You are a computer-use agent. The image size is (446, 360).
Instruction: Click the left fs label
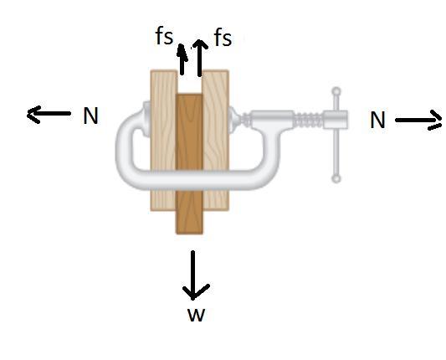[164, 37]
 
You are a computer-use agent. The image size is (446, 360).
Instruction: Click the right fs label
[223, 38]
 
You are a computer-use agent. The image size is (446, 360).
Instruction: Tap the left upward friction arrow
[182, 59]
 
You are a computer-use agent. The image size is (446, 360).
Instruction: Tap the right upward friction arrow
[200, 58]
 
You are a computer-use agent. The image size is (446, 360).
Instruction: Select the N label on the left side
[90, 116]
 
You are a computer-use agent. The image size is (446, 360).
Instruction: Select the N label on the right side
[377, 120]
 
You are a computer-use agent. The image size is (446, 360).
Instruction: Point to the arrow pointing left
[49, 114]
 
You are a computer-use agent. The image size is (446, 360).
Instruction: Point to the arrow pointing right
[418, 121]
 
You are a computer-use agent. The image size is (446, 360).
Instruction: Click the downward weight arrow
[193, 275]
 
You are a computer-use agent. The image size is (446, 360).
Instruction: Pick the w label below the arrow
[197, 315]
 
